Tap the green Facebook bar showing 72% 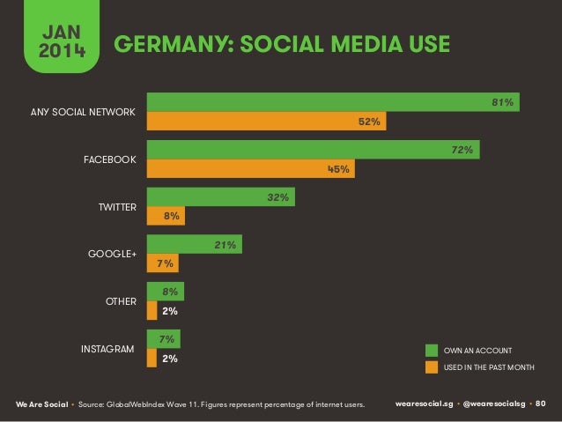pos(313,151)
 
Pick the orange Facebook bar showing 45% pos(250,170)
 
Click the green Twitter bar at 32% pos(220,198)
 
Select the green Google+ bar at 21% pos(194,245)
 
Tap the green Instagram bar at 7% pos(163,338)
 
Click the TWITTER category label pos(117,207)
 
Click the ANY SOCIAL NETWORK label pos(83,113)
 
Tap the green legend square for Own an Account pos(432,350)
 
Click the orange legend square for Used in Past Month pos(432,366)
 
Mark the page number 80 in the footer pos(541,403)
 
